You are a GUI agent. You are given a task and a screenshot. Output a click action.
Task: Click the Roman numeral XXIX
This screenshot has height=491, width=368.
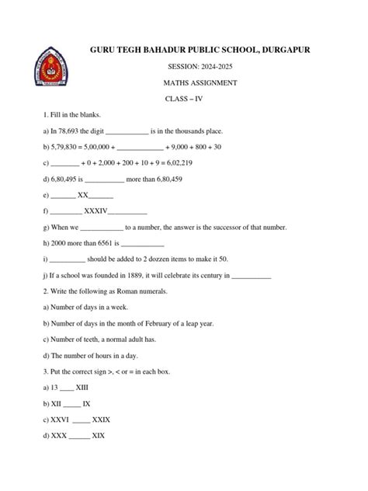coord(101,420)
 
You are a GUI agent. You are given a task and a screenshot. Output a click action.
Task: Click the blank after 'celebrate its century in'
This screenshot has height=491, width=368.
coord(252,276)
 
